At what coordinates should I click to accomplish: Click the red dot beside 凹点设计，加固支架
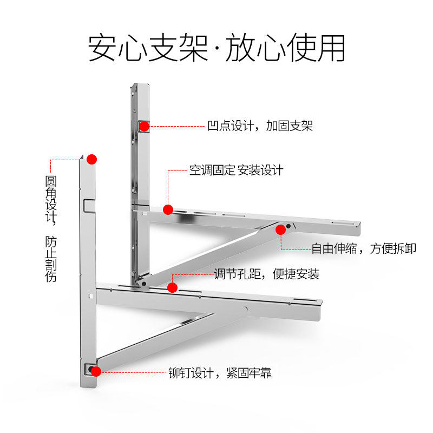144,126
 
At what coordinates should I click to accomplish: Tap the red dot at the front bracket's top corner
91,159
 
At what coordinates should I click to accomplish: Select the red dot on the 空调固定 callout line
168,209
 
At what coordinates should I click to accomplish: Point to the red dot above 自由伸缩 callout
280,229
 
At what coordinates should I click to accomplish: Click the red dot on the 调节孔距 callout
173,287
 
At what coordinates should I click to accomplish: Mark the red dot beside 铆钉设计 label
96,371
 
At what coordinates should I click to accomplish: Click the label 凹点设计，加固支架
260,126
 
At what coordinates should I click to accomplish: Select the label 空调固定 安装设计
236,170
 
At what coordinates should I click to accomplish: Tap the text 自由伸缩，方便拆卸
363,248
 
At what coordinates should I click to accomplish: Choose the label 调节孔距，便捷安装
266,274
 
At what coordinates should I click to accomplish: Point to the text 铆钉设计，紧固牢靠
220,373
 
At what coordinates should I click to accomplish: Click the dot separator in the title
216,50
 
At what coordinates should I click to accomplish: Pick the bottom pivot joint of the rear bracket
142,281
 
